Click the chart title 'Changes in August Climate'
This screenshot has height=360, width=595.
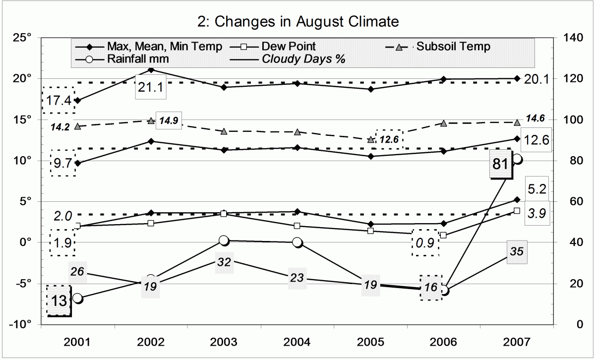click(x=297, y=21)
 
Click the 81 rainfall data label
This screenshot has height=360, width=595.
click(x=500, y=163)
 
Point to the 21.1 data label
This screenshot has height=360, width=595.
click(x=151, y=88)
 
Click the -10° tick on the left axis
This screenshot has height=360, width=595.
click(x=21, y=324)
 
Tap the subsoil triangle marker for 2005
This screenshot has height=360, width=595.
click(x=370, y=140)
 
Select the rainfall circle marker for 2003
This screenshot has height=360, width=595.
click(x=224, y=240)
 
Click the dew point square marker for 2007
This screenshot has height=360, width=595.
click(x=517, y=211)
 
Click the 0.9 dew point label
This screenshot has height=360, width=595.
click(x=425, y=242)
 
